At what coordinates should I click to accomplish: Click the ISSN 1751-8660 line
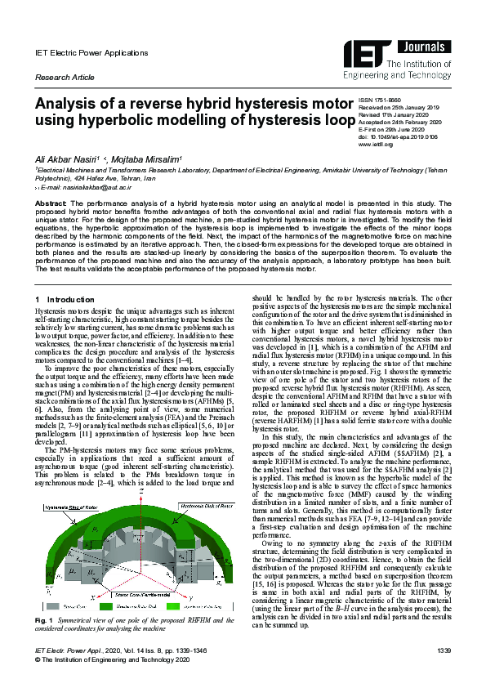[381, 100]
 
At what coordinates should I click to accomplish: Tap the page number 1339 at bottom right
[443, 672]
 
